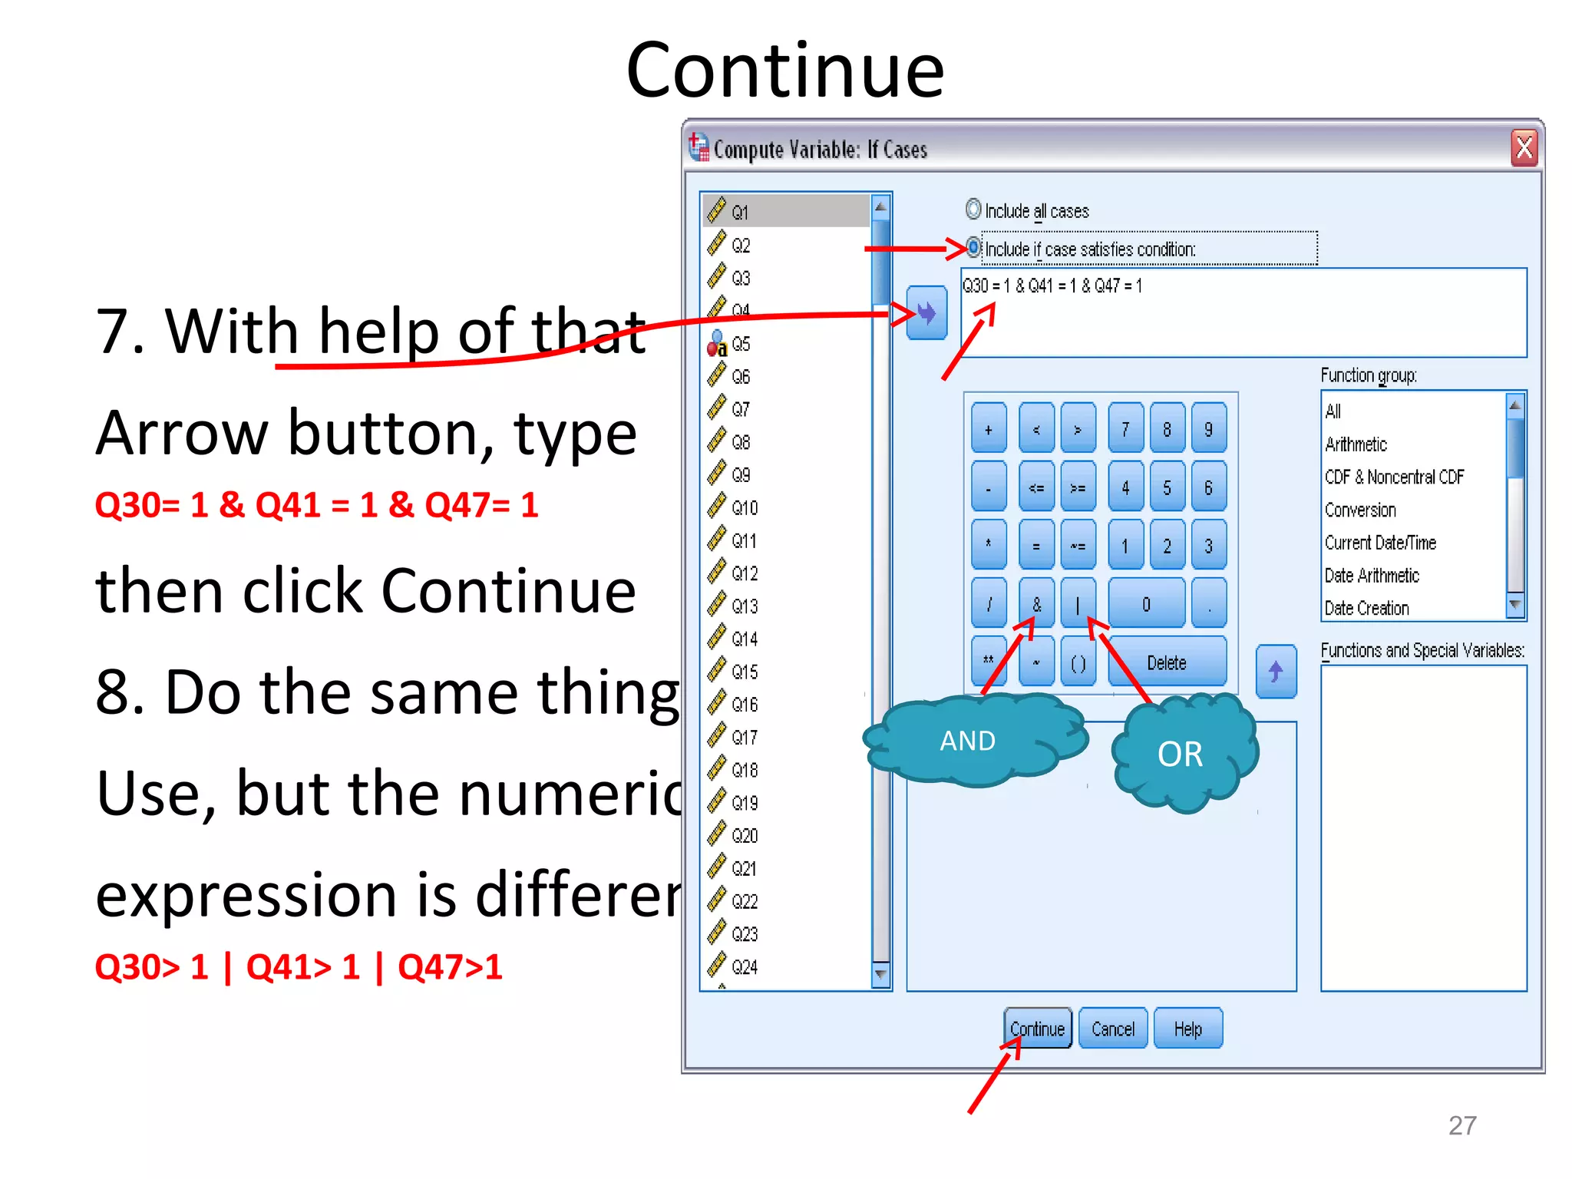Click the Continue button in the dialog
pos(1037,1029)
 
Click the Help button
pos(1187,1029)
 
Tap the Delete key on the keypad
pos(1166,662)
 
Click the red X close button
pos(1524,147)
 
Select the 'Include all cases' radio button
pos(973,210)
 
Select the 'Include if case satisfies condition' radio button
pos(973,247)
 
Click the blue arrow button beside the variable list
pos(926,312)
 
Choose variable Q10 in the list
pos(744,507)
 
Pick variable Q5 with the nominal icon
pos(740,344)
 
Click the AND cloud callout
pos(969,741)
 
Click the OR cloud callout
pos(1180,755)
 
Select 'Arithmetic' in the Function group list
pos(1356,444)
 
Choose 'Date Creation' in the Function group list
pos(1366,608)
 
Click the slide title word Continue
pos(784,71)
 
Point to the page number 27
pos(1461,1125)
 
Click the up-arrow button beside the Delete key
pos(1276,672)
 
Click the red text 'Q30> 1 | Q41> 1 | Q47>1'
pos(298,967)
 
